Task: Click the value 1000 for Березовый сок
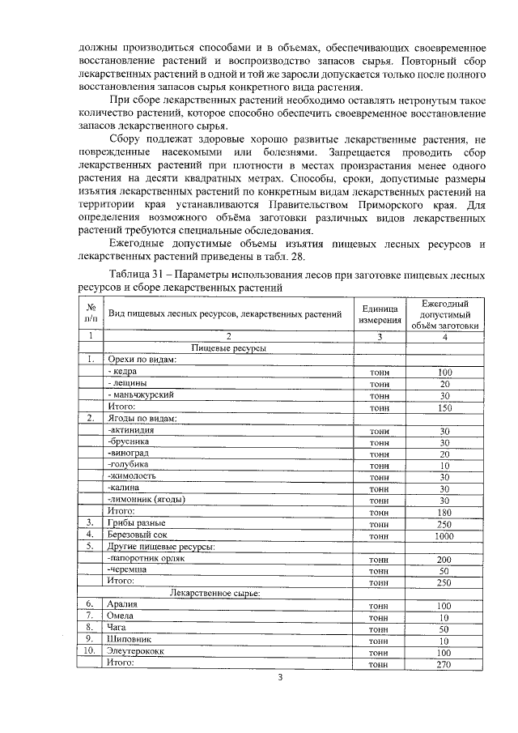(444, 536)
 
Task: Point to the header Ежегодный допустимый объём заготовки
(444, 314)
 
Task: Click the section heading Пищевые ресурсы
(229, 347)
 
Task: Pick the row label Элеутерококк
(134, 651)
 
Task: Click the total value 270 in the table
(444, 663)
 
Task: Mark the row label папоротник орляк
(142, 559)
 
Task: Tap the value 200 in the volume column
(444, 559)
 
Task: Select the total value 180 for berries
(444, 512)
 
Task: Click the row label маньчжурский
(141, 395)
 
